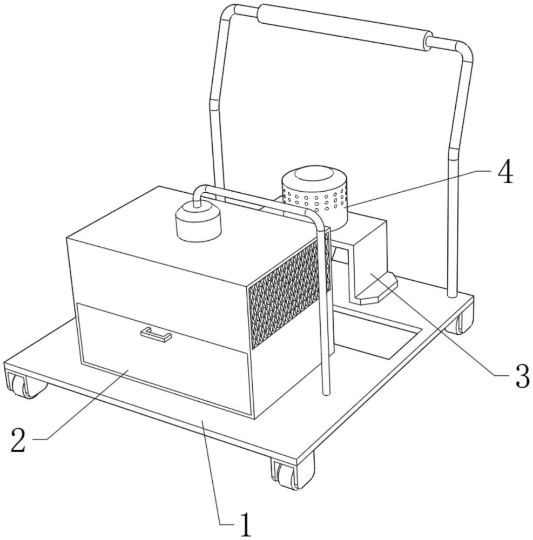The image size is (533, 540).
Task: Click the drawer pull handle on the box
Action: (x=156, y=334)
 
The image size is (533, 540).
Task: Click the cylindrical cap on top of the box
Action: (x=199, y=222)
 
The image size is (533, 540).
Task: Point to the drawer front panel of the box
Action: (x=162, y=362)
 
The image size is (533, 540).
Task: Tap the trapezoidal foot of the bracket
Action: (x=378, y=292)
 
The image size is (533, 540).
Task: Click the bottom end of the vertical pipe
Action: (x=326, y=391)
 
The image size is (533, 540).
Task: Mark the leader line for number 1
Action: (x=216, y=475)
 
